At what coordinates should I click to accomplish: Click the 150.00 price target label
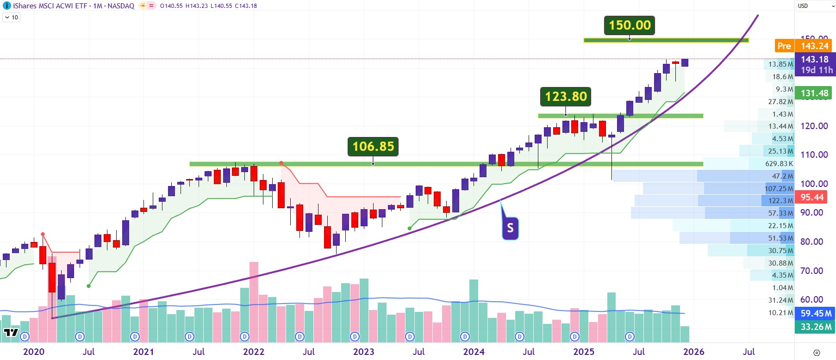[630, 25]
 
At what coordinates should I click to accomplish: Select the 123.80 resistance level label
[566, 97]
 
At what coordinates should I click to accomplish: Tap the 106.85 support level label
[373, 147]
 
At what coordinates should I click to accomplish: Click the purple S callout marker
[510, 228]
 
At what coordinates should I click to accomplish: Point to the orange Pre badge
[784, 46]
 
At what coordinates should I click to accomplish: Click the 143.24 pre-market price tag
[815, 46]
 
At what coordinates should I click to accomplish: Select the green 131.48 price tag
[815, 93]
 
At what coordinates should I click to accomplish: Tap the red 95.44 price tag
[812, 197]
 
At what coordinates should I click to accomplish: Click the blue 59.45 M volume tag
[816, 313]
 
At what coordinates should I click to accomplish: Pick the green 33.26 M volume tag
[816, 327]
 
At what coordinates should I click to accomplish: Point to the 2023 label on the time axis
[363, 352]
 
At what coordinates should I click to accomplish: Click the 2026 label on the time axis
[693, 352]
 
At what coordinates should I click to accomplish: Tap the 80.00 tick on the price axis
[811, 242]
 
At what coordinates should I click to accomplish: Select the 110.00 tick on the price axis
[814, 155]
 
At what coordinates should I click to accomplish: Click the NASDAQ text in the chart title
[121, 6]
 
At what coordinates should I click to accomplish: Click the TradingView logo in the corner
[11, 332]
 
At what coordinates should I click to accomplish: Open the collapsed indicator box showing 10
[12, 18]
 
